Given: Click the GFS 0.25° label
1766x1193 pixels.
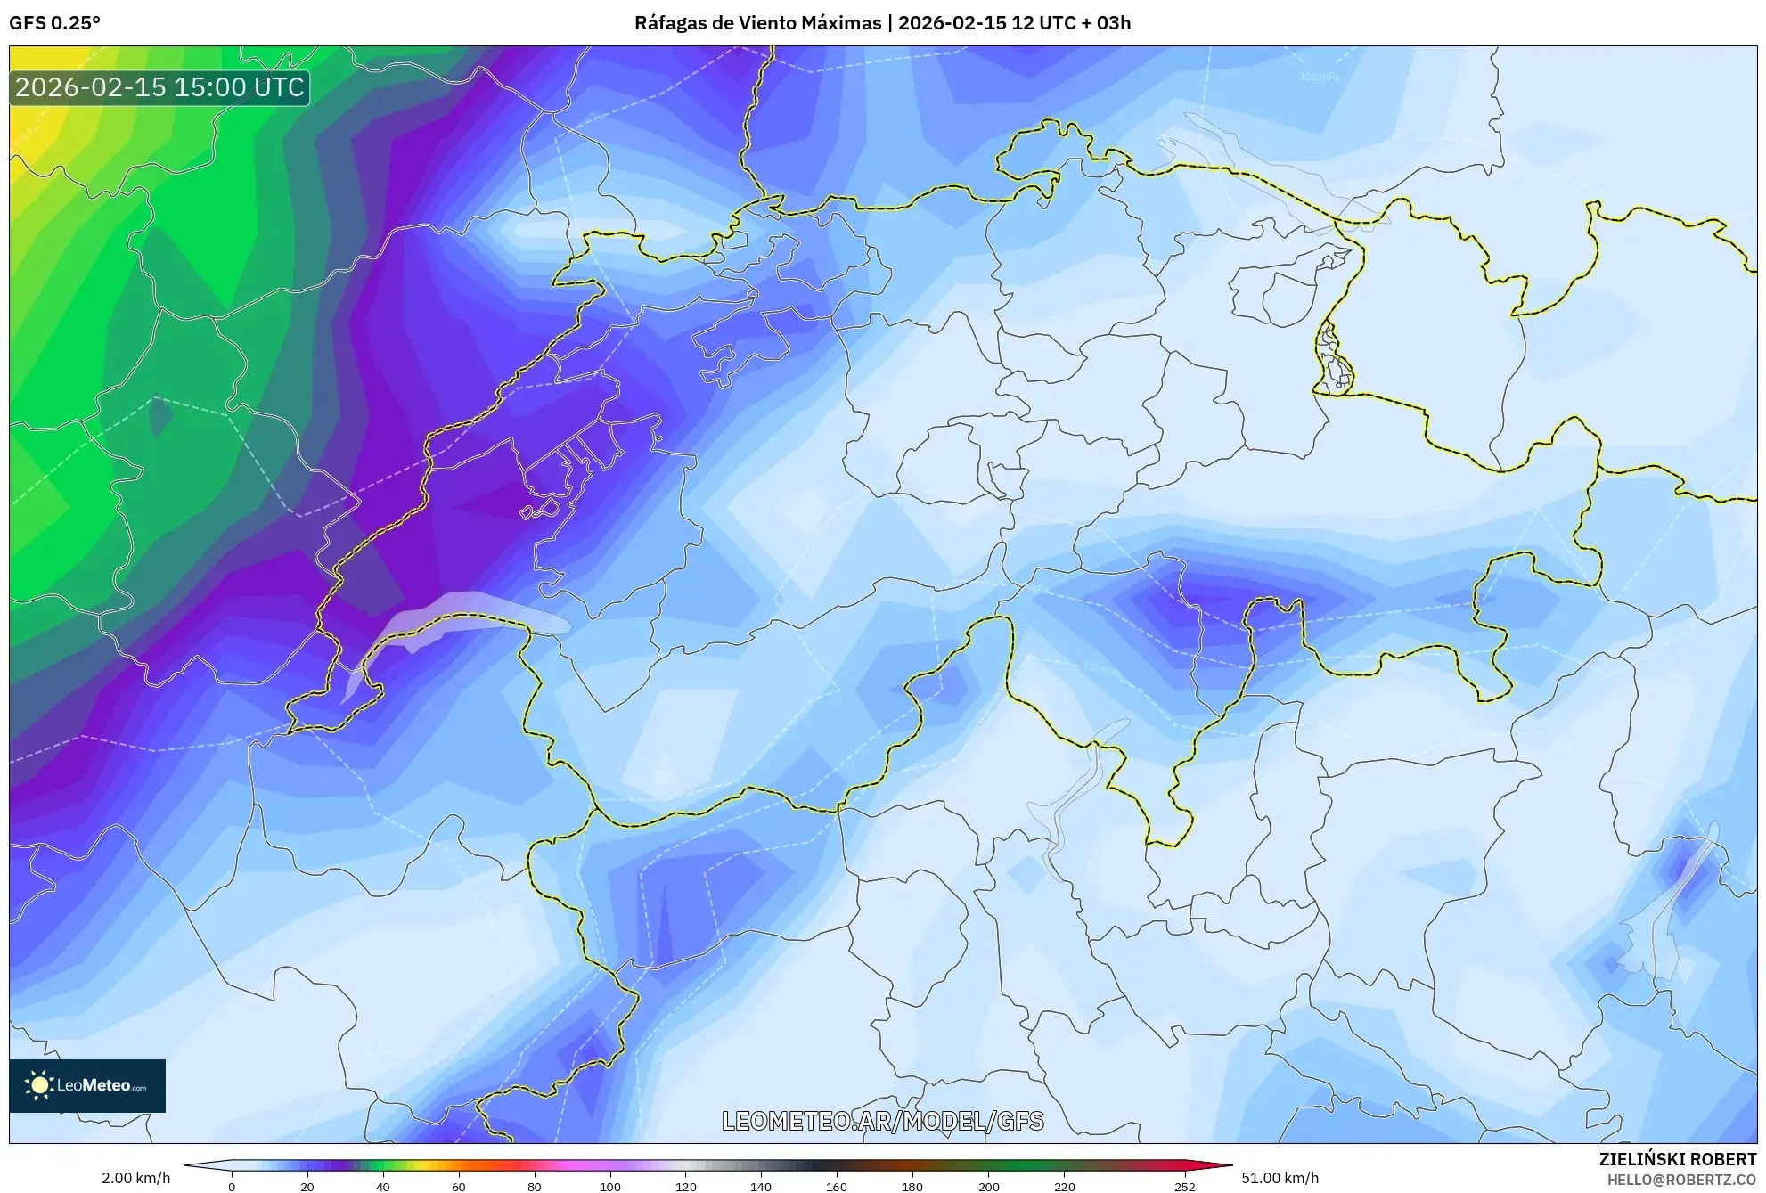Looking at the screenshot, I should (54, 23).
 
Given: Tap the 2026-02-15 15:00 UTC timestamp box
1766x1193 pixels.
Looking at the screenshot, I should (159, 87).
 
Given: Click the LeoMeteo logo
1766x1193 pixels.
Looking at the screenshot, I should (87, 1085).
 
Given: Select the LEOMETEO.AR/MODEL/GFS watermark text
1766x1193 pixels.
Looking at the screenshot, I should (882, 1121).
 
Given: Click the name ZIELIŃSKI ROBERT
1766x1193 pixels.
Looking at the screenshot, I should (1677, 1159).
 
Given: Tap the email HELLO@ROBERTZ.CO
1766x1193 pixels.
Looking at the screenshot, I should (1680, 1180).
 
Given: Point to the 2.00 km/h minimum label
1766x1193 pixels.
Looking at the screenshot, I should (135, 1178).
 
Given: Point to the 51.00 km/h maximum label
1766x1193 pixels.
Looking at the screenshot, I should (1280, 1178).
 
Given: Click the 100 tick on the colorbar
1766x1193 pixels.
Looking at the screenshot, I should (609, 1186).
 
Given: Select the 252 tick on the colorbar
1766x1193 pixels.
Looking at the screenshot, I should (1184, 1186).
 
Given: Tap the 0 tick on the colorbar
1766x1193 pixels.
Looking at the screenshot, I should (232, 1186).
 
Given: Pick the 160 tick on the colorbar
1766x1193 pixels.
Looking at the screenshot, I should (836, 1186).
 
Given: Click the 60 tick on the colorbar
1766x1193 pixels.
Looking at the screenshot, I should (458, 1186).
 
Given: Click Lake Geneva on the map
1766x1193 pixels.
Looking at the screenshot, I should (454, 615).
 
